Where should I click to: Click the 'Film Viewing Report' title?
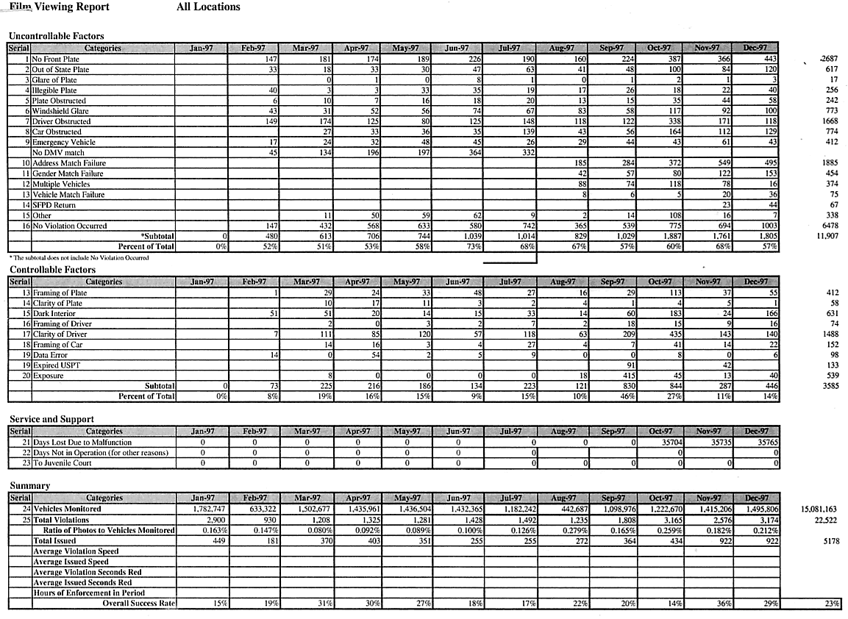[60, 7]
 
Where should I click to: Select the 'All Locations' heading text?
[208, 7]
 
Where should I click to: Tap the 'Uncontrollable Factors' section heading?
[56, 35]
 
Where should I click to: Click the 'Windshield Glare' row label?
[61, 111]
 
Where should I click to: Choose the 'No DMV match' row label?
[58, 152]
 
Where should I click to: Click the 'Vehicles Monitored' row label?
[67, 509]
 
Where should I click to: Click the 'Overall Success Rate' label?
[138, 603]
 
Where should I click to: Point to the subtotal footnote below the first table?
[79, 258]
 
